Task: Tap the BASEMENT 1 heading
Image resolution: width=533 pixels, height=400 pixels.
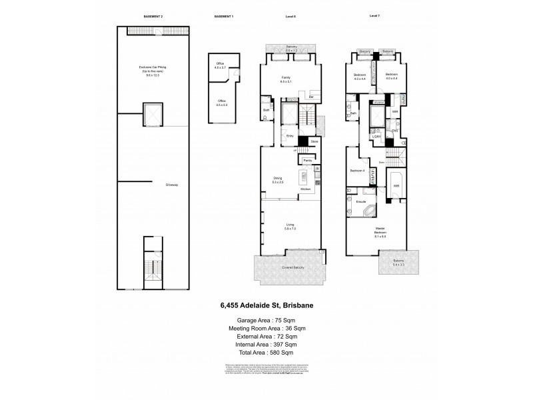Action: (223, 15)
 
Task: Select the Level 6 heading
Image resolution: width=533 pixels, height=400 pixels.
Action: (290, 15)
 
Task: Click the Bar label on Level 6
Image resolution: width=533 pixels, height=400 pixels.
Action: (312, 97)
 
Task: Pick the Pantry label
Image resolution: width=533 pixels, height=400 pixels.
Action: (308, 161)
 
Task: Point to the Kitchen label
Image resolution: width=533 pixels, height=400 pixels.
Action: (306, 190)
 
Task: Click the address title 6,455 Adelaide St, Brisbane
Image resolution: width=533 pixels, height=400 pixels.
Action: (266, 307)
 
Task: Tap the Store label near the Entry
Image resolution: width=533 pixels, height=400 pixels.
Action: (314, 141)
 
